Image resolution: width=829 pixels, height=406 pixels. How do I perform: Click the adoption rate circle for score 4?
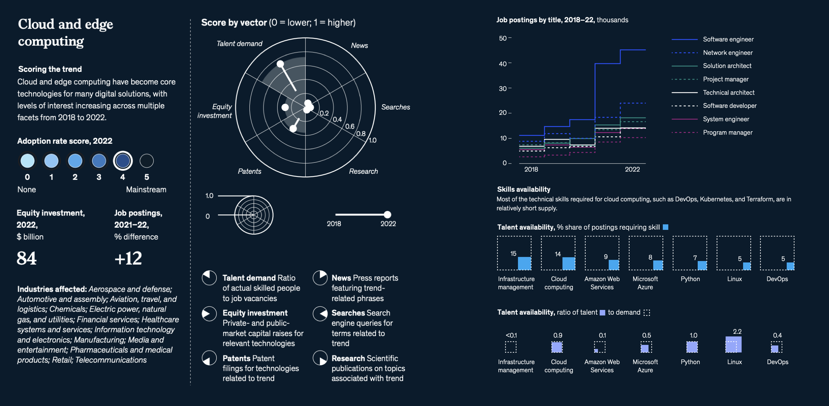123,161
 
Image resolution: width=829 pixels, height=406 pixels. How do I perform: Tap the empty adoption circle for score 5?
146,161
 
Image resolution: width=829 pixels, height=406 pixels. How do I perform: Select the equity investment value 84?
27,259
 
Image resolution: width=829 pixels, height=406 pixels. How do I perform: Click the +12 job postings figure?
128,259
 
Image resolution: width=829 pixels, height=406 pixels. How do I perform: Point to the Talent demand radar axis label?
239,44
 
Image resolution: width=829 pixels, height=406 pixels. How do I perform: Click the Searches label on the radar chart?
395,107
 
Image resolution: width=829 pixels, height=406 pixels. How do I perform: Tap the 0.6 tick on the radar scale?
349,126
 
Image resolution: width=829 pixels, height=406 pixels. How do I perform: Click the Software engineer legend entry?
728,40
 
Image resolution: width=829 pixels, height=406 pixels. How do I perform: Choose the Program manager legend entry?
727,133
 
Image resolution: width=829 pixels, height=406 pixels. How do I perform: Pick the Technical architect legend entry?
728,93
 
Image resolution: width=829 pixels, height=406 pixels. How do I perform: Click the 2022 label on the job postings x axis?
632,170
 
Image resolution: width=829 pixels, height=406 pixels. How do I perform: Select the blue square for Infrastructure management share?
525,263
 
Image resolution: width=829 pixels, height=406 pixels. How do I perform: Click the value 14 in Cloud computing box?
557,254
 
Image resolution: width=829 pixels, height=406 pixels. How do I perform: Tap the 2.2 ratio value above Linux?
737,331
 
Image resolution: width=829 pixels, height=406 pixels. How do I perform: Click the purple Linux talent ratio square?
734,345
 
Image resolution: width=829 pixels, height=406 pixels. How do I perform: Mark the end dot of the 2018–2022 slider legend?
388,215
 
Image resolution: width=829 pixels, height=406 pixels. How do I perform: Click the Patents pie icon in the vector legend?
209,358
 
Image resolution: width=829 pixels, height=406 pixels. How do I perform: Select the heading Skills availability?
523,189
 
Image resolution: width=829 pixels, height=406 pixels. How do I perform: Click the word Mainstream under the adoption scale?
146,190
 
